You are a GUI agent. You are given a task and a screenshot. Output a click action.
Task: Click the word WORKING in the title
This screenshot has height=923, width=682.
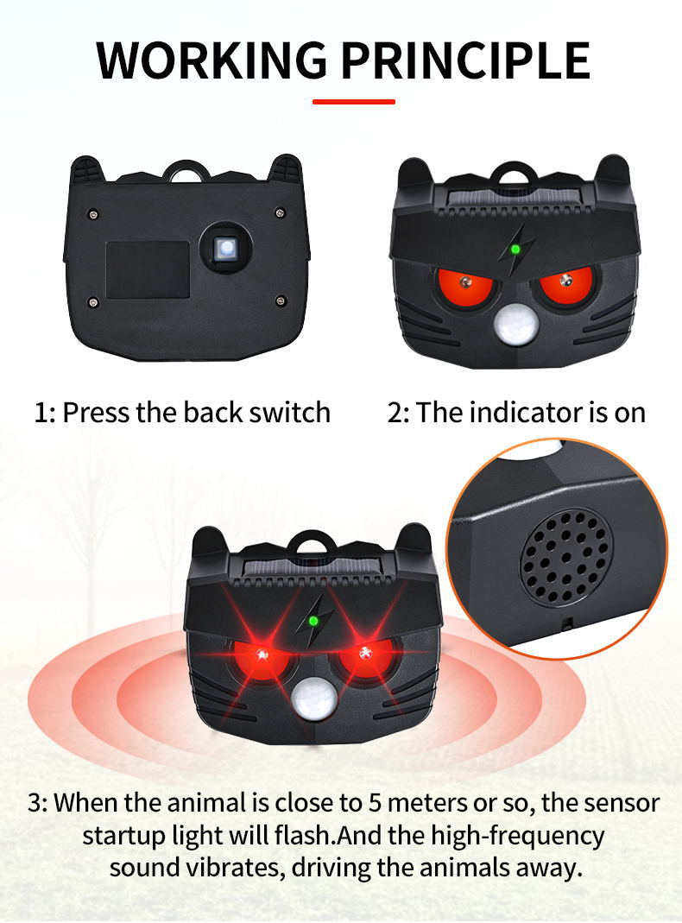pos(212,60)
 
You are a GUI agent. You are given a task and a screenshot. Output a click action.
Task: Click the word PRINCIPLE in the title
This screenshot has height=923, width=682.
pos(465,60)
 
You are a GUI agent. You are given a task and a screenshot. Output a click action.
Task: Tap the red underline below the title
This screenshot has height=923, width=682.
pos(354,102)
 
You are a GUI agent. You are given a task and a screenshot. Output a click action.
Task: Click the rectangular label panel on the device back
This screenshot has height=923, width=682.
pos(148,269)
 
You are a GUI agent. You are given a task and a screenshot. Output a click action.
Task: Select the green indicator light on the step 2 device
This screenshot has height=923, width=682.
pos(515,249)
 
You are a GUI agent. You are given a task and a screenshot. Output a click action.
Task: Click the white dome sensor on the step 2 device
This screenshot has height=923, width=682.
pos(516,324)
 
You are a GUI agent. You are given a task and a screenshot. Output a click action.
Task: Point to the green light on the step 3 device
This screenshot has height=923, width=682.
pos(313,621)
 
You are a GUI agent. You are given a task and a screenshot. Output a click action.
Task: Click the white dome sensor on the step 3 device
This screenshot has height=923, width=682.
pos(315,699)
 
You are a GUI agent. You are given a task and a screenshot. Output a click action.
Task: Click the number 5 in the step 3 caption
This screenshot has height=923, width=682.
pos(376,803)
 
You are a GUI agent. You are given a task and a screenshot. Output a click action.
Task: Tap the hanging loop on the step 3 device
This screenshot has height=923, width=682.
pos(313,537)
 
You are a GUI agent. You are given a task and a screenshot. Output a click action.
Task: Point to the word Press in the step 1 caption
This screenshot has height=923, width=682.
pos(97,412)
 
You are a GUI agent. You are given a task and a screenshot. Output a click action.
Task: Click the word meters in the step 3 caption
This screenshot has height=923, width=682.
pos(426,803)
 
